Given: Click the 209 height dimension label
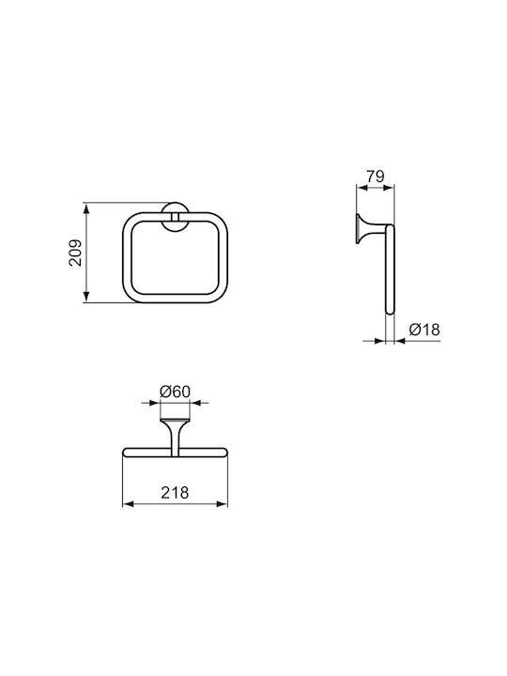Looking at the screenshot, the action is [76, 253].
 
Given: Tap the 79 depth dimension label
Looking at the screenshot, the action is [375, 177].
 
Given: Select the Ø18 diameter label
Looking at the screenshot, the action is [424, 330].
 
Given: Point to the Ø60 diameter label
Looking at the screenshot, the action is [175, 392].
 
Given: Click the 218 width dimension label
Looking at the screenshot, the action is [175, 492].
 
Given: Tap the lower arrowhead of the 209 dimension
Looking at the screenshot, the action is [86, 297].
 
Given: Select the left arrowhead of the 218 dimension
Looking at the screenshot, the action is [129, 504].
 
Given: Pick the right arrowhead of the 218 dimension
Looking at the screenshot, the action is [222, 504].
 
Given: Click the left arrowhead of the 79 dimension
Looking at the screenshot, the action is [362, 188].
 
